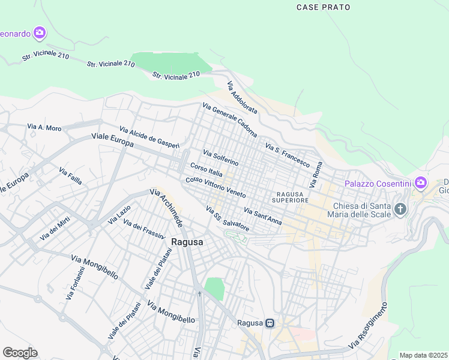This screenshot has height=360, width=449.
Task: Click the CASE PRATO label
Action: pyautogui.click(x=324, y=7)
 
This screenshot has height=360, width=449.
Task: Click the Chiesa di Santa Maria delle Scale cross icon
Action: pyautogui.click(x=400, y=209)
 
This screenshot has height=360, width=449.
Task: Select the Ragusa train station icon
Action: pyautogui.click(x=270, y=323)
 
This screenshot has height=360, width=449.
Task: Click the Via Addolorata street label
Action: pyautogui.click(x=242, y=98)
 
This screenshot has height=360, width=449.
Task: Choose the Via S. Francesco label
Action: pyautogui.click(x=287, y=155)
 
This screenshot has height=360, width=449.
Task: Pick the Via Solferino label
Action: pyautogui.click(x=220, y=158)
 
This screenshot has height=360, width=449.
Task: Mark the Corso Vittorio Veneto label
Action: pyautogui.click(x=215, y=188)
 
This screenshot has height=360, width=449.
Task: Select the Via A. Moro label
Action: pyautogui.click(x=44, y=127)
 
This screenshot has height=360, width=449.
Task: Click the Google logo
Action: pyautogui.click(x=20, y=352)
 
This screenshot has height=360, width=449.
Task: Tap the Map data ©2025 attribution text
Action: pyautogui.click(x=424, y=355)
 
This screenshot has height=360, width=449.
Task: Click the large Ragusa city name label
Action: pyautogui.click(x=187, y=242)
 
